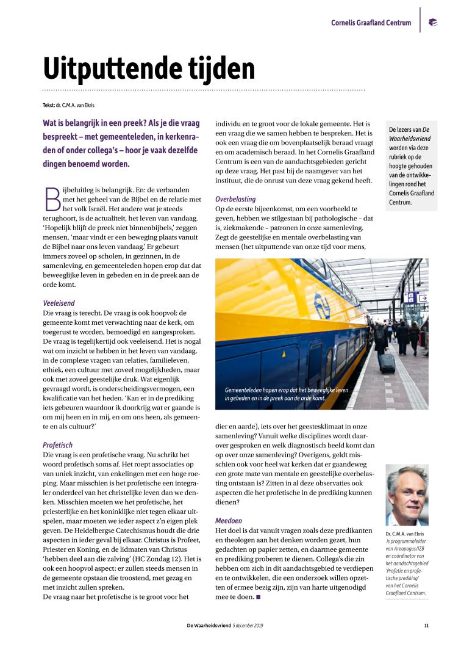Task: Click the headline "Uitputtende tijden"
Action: pyautogui.click(x=149, y=67)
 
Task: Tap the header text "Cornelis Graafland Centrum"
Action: pyautogui.click(x=371, y=23)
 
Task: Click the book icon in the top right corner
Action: pyautogui.click(x=433, y=23)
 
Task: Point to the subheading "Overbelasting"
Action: pyautogui.click(x=235, y=199)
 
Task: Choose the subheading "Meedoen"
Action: pyautogui.click(x=229, y=521)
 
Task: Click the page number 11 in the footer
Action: pyautogui.click(x=426, y=625)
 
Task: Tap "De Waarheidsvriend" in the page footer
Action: pyautogui.click(x=209, y=625)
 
